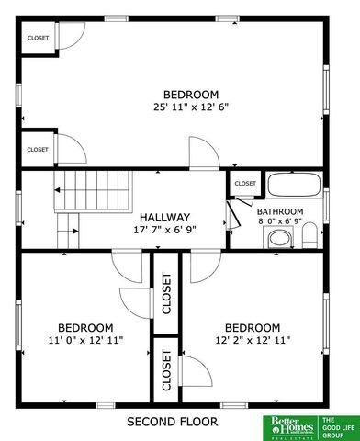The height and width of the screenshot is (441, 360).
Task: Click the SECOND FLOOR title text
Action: coord(172,422)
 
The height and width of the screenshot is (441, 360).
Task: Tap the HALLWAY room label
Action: coord(165,218)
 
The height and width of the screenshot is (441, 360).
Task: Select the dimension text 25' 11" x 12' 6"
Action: coord(191,107)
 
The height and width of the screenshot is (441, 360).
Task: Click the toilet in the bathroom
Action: coord(309,235)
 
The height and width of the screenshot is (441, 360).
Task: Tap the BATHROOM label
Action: coord(279,210)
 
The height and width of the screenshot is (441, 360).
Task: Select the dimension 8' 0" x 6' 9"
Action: coord(279,220)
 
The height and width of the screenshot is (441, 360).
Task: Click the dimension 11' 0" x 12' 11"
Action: coord(85,340)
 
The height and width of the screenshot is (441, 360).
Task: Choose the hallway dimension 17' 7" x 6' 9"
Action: coord(165,230)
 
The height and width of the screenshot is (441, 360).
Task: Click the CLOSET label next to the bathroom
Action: coord(245,184)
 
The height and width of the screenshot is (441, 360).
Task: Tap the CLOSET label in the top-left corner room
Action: coord(38,38)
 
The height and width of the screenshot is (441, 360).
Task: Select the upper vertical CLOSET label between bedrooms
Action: coord(166,294)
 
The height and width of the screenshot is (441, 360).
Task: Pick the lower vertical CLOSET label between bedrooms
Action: coord(166,370)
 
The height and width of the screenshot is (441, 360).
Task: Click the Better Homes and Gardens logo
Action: coord(288,424)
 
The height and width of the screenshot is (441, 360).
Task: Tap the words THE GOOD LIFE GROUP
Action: coord(335,425)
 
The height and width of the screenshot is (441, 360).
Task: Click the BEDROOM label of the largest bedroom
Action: coord(191,95)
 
